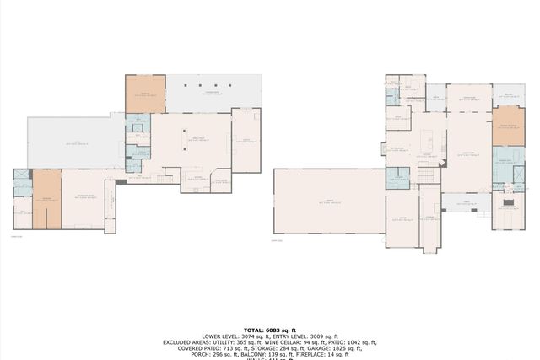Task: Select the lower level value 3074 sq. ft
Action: click(246, 336)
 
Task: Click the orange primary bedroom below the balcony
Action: click(509, 128)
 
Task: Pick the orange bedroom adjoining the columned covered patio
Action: click(145, 94)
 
